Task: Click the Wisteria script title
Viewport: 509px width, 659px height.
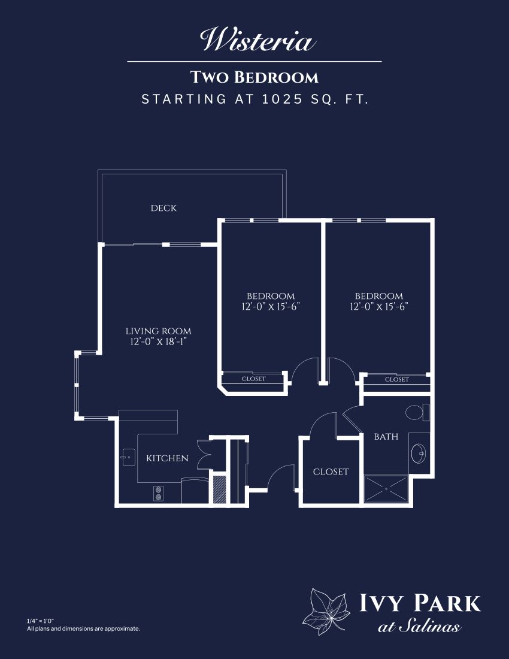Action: click(x=257, y=40)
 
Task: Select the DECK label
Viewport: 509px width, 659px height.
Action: click(x=164, y=208)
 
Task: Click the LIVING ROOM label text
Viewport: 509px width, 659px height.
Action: click(x=158, y=331)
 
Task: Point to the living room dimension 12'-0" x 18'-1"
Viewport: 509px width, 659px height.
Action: click(x=158, y=341)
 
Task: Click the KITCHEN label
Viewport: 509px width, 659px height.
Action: click(x=167, y=458)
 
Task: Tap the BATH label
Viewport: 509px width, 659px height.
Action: click(x=386, y=437)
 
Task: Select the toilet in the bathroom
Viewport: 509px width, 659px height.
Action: click(x=417, y=412)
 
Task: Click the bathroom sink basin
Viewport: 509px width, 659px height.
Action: click(x=419, y=454)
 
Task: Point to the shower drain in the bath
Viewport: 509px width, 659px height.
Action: click(x=386, y=489)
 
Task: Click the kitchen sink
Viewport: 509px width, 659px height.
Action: click(x=128, y=457)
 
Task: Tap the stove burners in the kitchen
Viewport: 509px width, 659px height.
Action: click(x=158, y=494)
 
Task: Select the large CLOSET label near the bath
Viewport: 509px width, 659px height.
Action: click(x=331, y=471)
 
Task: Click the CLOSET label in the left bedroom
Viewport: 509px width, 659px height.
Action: click(x=254, y=379)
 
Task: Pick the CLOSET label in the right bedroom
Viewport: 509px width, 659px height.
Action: click(x=397, y=379)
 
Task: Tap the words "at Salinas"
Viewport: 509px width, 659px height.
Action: click(x=419, y=627)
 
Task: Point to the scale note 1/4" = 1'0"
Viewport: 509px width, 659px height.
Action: click(x=40, y=621)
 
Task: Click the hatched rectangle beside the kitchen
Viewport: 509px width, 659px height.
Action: click(x=220, y=489)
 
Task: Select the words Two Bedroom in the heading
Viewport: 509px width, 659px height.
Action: click(x=255, y=77)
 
